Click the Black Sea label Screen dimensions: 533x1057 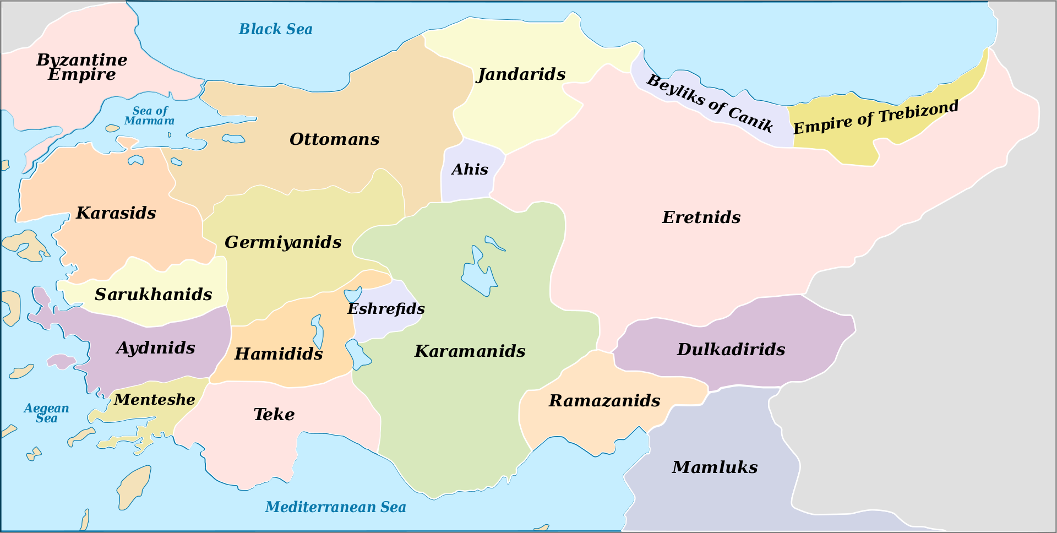275,29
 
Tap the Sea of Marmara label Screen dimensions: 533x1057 149,116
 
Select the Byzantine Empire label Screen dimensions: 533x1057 81,67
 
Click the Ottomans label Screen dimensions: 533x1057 334,139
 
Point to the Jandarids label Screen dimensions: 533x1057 521,74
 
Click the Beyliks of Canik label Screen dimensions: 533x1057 710,103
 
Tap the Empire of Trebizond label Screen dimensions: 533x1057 875,117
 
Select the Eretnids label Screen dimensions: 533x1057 701,217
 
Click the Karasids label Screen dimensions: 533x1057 116,213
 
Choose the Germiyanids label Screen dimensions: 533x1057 283,242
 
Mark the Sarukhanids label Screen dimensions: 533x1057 153,295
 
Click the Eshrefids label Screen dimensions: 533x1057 386,309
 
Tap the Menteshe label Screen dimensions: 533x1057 154,400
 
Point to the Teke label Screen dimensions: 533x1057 274,415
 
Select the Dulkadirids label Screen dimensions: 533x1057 731,350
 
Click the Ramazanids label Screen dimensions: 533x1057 604,401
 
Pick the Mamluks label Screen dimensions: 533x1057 715,467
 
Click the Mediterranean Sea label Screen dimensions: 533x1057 335,507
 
